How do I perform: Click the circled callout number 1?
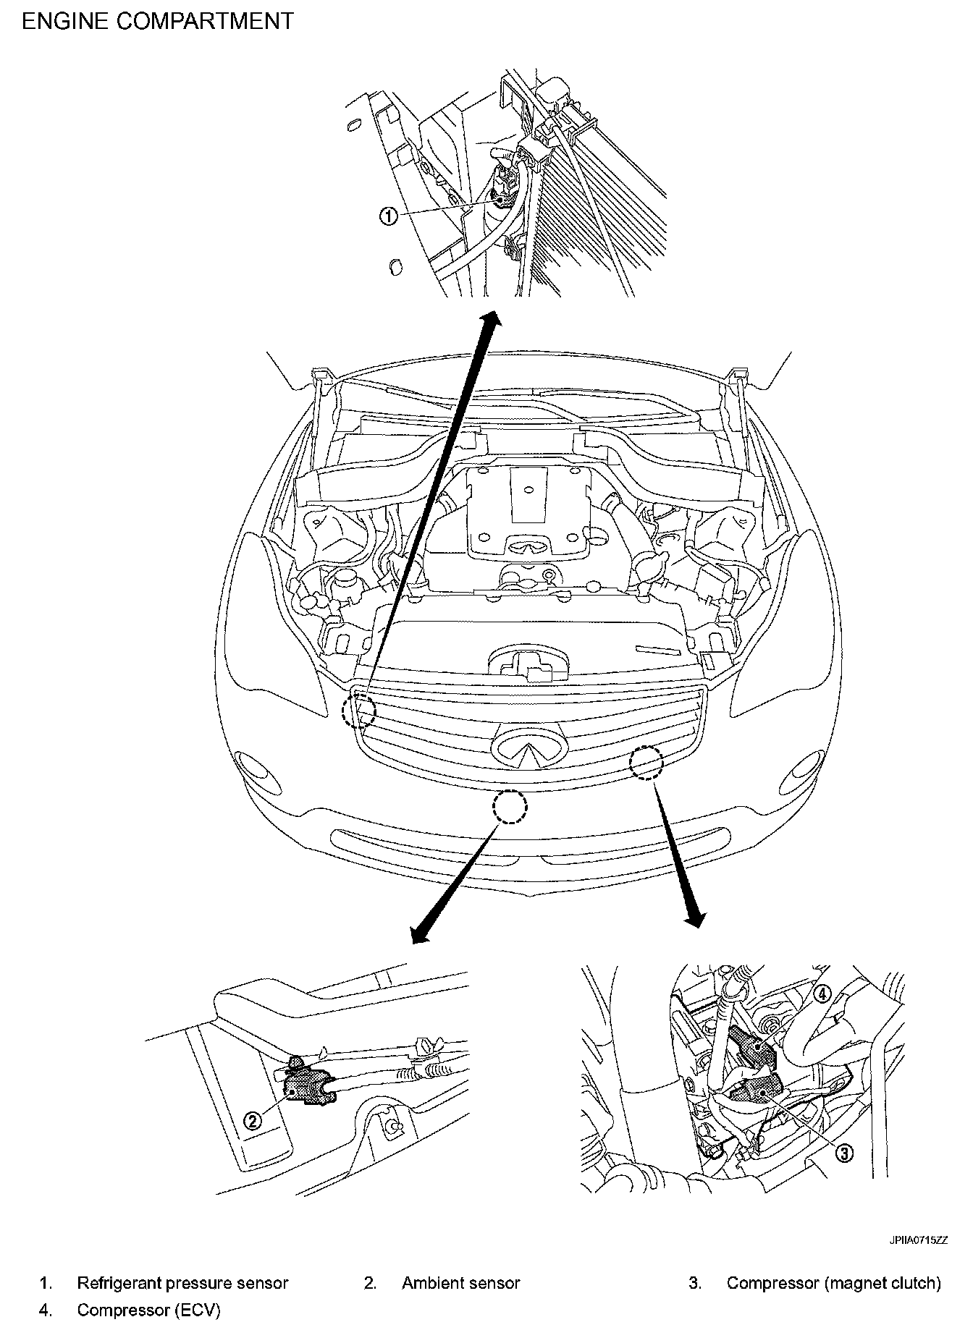point(389,216)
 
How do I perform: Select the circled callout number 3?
point(843,1153)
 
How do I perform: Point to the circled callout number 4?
point(820,994)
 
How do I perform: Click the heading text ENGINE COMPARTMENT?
point(159,21)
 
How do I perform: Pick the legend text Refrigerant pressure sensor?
point(182,1284)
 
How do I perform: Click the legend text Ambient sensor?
point(461,1284)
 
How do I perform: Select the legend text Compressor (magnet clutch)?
point(834,1284)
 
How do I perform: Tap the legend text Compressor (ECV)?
point(148,1310)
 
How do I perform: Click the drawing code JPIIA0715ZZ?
point(919,1240)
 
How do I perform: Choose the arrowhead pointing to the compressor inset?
point(696,919)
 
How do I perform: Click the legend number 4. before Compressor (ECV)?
point(46,1310)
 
